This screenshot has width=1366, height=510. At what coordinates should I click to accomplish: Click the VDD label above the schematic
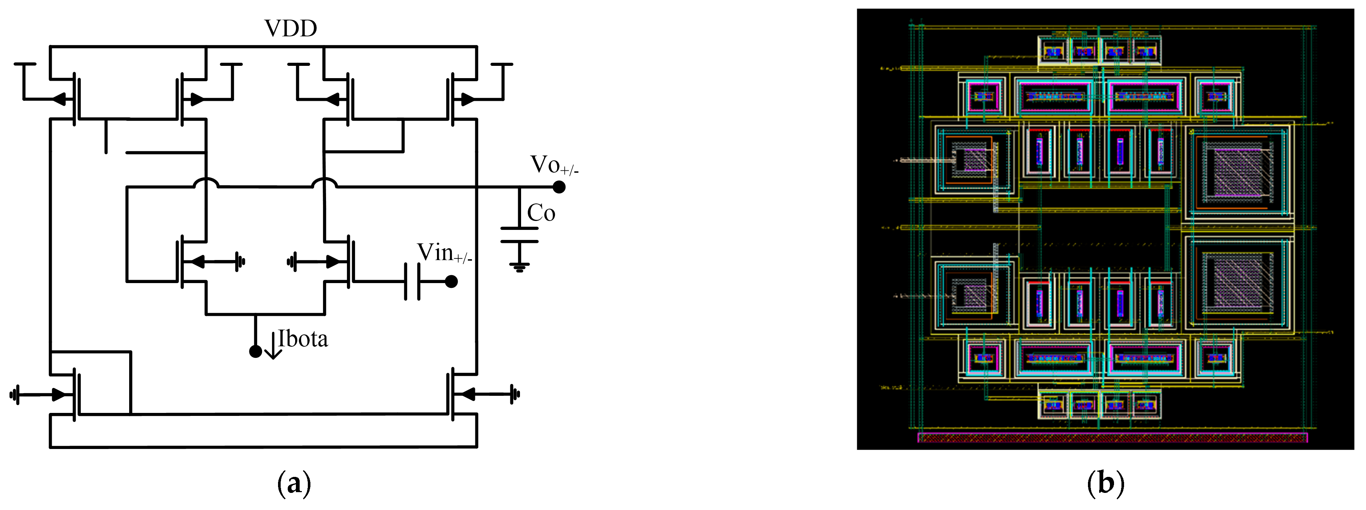coord(291,28)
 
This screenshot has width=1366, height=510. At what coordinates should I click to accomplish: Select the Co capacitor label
coord(541,213)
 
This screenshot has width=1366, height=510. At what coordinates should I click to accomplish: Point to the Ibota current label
coord(303,339)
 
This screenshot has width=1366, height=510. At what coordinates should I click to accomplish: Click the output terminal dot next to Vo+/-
coord(559,187)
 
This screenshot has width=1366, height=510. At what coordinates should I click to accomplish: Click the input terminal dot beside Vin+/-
coord(451,282)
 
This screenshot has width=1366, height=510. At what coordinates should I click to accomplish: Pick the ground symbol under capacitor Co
coord(519,267)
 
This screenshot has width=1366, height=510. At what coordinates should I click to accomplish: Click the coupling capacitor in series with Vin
coord(412,282)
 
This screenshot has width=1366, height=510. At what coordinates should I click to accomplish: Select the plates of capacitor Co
coord(519,235)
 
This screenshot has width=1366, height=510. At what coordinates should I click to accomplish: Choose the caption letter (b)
coord(1105,484)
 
